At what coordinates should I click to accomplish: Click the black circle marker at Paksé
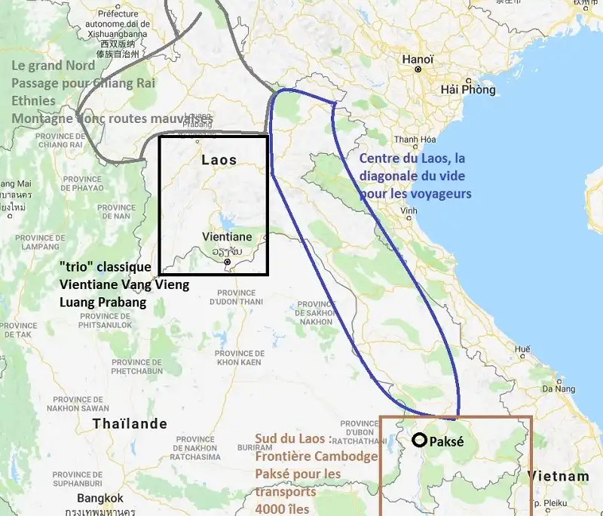pyautogui.click(x=418, y=441)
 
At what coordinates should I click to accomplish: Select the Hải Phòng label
pyautogui.click(x=468, y=90)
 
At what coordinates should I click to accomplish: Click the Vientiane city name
pyautogui.click(x=227, y=237)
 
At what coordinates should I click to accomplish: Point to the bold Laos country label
pyautogui.click(x=219, y=160)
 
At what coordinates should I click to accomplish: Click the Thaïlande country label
pyautogui.click(x=130, y=424)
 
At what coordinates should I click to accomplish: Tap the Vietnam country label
pyautogui.click(x=559, y=477)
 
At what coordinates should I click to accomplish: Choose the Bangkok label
pyautogui.click(x=99, y=499)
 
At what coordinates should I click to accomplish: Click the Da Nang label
pyautogui.click(x=559, y=389)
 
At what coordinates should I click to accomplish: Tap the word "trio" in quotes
pyautogui.click(x=78, y=267)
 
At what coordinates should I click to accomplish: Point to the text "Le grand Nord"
pyautogui.click(x=53, y=66)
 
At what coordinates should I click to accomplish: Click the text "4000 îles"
pyautogui.click(x=282, y=508)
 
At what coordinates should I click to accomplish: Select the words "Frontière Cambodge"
pyautogui.click(x=316, y=456)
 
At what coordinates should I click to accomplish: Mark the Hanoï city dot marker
pyautogui.click(x=417, y=69)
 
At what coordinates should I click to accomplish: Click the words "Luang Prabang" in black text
pyautogui.click(x=102, y=300)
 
